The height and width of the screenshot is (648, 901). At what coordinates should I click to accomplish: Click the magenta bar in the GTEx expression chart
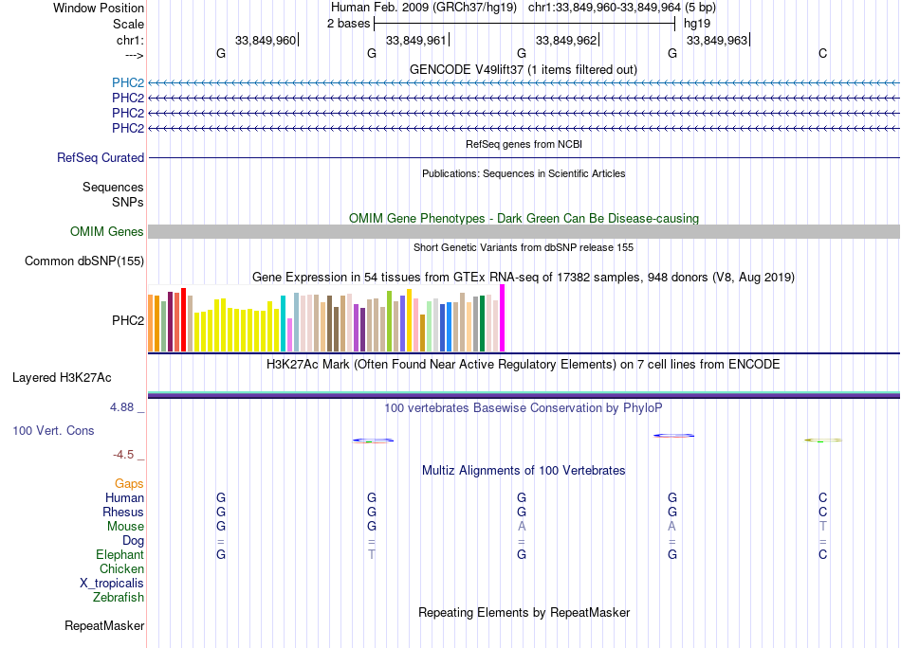pos(503,318)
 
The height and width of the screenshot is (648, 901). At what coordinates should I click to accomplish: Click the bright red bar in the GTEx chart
pos(183,320)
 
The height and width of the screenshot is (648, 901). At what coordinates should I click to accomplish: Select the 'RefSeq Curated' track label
pos(101,158)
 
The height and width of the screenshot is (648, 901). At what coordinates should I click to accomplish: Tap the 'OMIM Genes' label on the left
pos(107,232)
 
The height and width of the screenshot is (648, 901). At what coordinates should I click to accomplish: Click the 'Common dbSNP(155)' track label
pos(84,261)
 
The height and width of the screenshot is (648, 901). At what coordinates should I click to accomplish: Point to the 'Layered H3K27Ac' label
pos(62,378)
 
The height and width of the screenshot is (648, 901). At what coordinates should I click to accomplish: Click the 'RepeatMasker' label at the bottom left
pos(104,626)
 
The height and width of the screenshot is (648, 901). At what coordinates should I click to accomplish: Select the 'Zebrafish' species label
pos(119,598)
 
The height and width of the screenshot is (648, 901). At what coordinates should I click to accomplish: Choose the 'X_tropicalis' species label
pos(112,584)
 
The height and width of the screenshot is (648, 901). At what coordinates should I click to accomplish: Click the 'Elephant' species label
pos(120,555)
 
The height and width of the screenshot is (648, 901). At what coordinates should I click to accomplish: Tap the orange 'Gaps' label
pos(129,484)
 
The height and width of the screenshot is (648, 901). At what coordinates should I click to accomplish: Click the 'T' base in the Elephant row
pos(372,555)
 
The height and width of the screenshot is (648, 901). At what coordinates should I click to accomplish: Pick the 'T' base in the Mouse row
pos(822,527)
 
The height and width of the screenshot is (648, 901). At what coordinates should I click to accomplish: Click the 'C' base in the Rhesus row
pos(822,513)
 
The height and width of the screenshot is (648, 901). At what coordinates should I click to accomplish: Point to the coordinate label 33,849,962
pos(566,40)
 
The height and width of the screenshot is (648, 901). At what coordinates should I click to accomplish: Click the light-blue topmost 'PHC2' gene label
pos(128,83)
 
